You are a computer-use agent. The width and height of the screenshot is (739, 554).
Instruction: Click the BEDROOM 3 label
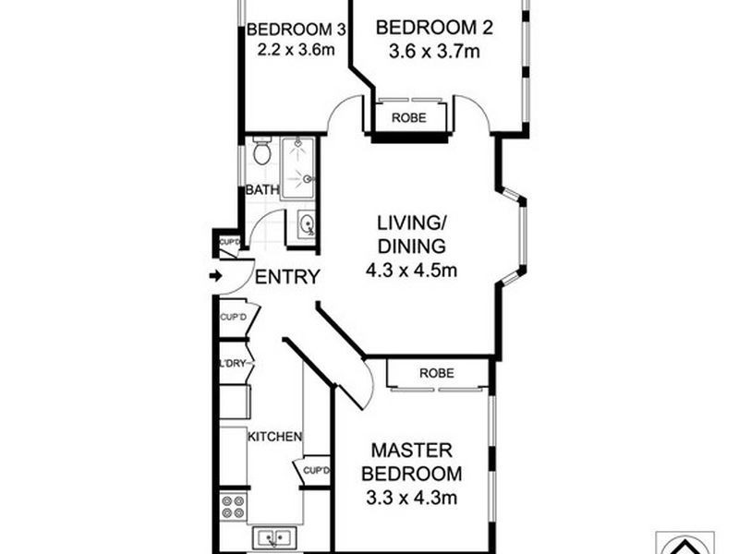pos(289,29)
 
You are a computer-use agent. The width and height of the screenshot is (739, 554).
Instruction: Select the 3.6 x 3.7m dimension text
pos(433,51)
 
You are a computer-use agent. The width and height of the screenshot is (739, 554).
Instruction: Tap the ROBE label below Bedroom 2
pos(409,118)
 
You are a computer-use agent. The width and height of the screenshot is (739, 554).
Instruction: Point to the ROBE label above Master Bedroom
pos(437,374)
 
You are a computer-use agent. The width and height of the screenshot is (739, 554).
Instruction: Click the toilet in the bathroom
pos(261,151)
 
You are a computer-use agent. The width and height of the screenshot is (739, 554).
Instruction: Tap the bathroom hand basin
pos(306,223)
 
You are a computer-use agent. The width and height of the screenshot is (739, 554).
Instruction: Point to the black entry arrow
pos(216,275)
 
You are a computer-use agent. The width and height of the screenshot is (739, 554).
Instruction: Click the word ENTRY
pos(287,277)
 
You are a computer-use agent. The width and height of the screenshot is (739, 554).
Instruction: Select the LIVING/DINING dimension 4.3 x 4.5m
pos(411,271)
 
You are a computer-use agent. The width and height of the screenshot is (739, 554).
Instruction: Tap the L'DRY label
pos(233,363)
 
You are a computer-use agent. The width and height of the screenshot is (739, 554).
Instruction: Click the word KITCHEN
pos(274,436)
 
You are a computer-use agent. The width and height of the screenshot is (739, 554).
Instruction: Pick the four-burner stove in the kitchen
pos(233,505)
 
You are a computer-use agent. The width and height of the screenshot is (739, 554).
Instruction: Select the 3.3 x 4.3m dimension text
pos(411,500)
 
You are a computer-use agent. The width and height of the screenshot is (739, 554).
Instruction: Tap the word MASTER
pos(411,451)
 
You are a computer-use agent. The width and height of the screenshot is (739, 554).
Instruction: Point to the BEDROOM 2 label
pos(433,28)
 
